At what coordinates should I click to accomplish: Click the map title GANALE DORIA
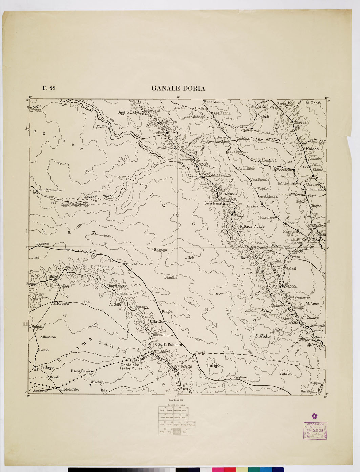coord(178,89)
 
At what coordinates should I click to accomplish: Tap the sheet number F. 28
coord(49,89)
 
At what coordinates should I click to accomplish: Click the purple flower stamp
coord(315,416)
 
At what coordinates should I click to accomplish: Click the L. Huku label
coord(262,336)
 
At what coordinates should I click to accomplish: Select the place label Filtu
coord(92,251)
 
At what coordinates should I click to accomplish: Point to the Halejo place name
coord(213,365)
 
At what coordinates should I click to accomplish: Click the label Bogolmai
coord(239,377)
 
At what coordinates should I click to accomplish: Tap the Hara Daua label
coord(80,371)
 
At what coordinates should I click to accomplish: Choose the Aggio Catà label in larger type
coord(129,112)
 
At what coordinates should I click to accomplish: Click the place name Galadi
coord(264,116)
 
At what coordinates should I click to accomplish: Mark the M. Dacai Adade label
coord(252,226)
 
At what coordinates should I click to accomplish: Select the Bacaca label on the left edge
coord(43,243)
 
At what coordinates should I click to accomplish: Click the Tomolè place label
coord(131,264)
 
